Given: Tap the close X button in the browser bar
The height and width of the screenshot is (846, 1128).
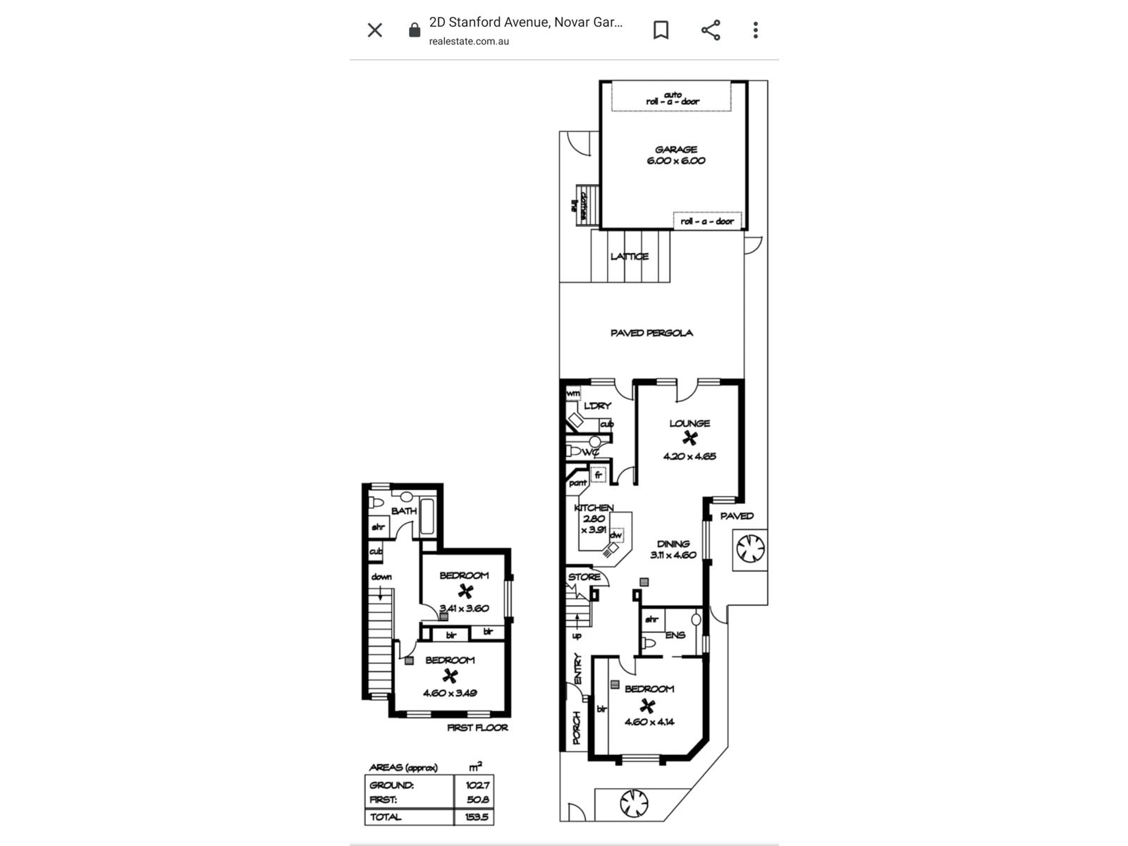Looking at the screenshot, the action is pos(374,30).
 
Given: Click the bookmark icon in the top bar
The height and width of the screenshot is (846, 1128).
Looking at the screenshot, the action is pos(661,30).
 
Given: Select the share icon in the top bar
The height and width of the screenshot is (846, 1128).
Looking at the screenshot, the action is pos(711,30).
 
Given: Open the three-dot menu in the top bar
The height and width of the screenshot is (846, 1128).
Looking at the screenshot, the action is pos(755,30).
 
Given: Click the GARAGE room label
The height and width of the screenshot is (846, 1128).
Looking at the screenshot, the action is pos(675,149).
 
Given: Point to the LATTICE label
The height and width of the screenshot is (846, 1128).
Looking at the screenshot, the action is pos(629,257).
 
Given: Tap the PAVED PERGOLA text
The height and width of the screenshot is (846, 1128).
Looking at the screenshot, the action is pos(651,333).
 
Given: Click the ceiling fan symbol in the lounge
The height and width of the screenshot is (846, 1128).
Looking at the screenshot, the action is pos(689,439).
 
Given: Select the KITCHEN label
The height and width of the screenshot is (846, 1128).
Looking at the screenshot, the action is pos(594,508).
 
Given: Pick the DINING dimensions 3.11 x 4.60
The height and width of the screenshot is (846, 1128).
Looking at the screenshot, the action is pos(673,555).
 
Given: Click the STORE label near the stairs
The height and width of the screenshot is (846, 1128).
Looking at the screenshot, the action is pos(584,577).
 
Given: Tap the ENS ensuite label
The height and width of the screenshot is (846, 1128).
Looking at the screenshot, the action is pos(675,635).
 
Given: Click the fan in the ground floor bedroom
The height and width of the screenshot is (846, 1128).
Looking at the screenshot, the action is pos(647,705).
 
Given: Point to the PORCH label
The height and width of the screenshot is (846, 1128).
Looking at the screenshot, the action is pos(576,728).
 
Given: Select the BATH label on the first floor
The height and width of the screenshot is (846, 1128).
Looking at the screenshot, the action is pos(404,510).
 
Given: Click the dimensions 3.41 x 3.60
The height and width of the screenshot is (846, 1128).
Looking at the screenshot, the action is pos(464,608).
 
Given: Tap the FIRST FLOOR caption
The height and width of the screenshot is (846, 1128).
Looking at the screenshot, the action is pos(477,728).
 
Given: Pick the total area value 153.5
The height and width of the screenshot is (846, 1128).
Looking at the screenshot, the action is pos(477,817).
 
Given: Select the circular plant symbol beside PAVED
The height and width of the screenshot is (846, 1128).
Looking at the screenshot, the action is pos(750,548).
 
